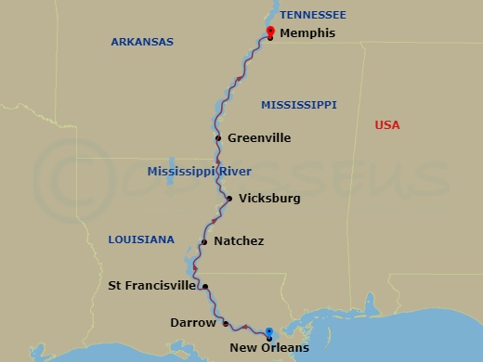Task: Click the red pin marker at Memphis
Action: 269,32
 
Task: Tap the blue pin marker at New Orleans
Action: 268,333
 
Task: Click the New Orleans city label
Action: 268,348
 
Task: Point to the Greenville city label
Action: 259,138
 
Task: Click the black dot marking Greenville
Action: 218,138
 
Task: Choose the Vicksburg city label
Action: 269,199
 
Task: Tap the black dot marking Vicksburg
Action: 229,199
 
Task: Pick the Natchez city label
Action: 239,241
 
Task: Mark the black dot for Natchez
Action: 203,242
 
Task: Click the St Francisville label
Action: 151,286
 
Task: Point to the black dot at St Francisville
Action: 205,287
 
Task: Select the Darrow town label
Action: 193,323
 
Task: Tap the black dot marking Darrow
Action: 226,323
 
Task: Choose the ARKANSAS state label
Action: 142,42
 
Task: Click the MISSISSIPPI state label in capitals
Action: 298,105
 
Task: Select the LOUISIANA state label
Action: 141,239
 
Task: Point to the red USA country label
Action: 386,125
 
